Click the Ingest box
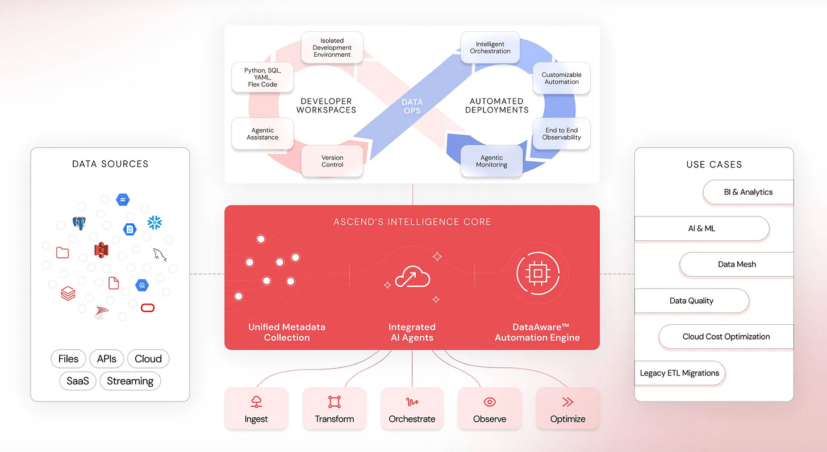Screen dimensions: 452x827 (x=256, y=409)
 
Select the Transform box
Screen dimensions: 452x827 (x=334, y=409)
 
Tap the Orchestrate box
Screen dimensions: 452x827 (x=412, y=409)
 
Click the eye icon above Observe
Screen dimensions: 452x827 (x=490, y=402)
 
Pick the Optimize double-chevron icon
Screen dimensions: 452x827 (x=567, y=402)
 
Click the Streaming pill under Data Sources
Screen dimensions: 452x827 (x=130, y=381)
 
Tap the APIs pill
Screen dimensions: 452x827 (x=107, y=359)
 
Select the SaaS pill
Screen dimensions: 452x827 (x=78, y=381)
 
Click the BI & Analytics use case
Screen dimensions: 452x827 (x=747, y=192)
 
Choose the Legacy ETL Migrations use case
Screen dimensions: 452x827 (x=679, y=373)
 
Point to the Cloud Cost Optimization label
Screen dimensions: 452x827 (x=726, y=337)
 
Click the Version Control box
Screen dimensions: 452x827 (x=332, y=161)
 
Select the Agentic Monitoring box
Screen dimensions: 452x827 (x=491, y=161)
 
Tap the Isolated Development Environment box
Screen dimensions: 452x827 (x=332, y=48)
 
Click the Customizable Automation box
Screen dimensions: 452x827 (x=561, y=78)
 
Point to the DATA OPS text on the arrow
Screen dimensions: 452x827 (x=412, y=106)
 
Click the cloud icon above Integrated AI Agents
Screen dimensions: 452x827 (x=412, y=277)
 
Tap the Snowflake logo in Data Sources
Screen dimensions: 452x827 (x=154, y=222)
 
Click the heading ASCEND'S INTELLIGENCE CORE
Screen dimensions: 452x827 (x=412, y=221)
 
